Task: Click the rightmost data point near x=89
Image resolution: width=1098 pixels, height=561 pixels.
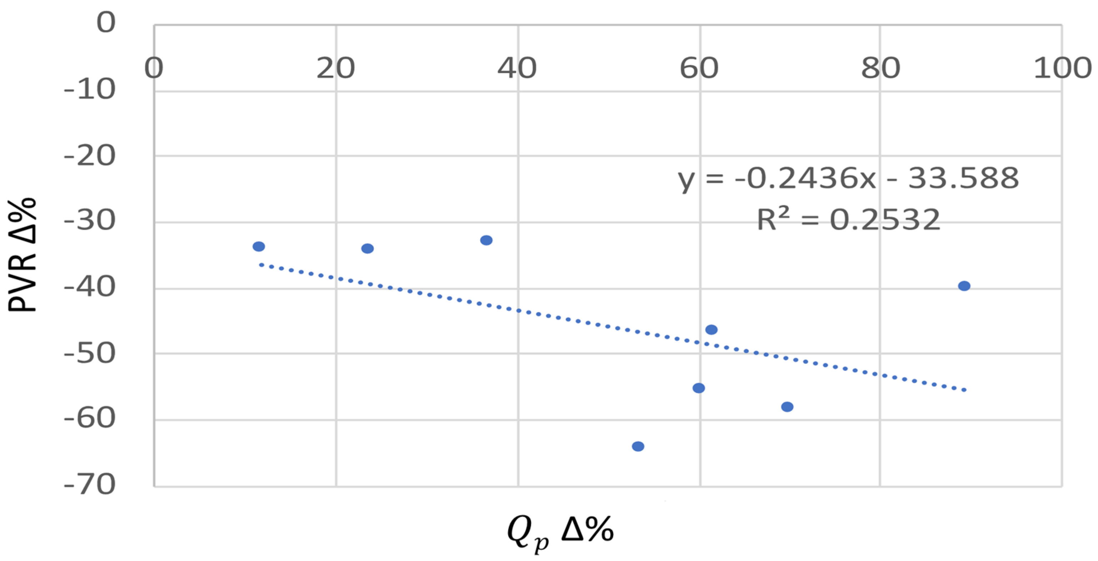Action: tap(964, 286)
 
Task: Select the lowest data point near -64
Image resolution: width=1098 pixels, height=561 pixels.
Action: tap(638, 446)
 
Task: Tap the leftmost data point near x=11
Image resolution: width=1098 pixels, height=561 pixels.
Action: tap(259, 246)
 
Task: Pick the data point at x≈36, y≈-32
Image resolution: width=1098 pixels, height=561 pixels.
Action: tap(486, 240)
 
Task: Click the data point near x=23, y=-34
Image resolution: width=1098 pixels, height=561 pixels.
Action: tap(367, 248)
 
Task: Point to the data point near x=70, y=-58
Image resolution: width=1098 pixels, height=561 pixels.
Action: tap(787, 407)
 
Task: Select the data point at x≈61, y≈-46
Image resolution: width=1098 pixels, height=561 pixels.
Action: tap(711, 329)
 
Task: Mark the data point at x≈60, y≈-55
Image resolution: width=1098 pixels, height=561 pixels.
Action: tap(698, 388)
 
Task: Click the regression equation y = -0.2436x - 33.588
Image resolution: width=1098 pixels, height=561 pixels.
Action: tap(848, 178)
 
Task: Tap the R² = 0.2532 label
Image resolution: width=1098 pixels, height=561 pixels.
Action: tap(848, 220)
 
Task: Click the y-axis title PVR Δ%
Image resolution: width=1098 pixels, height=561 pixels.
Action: tap(22, 255)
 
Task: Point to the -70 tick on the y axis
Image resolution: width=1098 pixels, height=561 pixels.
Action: tap(90, 484)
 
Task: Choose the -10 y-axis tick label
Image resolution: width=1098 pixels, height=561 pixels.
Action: tap(90, 89)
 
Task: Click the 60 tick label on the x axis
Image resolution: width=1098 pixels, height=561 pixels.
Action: tap(699, 68)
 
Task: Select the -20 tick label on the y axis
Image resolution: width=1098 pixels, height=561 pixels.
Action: tap(90, 156)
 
